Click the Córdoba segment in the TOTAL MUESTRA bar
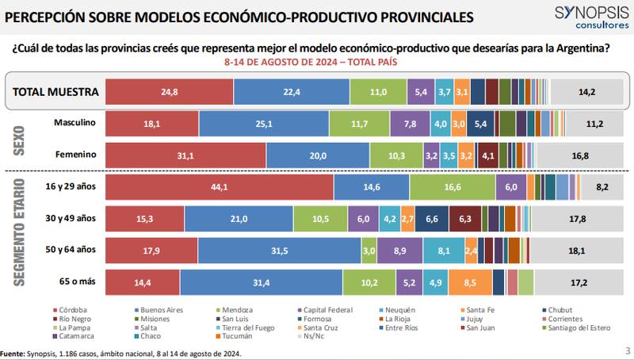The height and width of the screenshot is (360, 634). tap(169, 92)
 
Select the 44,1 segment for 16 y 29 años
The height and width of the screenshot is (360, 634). tap(220, 187)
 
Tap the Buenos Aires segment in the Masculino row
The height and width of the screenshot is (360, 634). tap(264, 124)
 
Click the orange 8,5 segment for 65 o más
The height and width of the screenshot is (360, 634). tap(469, 281)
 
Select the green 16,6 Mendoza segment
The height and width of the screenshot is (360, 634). tap(453, 187)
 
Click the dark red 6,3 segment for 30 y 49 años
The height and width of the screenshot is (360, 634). tap(465, 218)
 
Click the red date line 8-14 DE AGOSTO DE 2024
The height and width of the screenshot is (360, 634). tap(310, 61)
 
